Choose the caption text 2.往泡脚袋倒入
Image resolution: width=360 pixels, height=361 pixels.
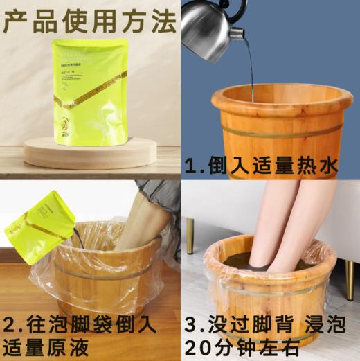click(x=78, y=324)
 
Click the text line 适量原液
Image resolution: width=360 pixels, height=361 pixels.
click(x=53, y=346)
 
